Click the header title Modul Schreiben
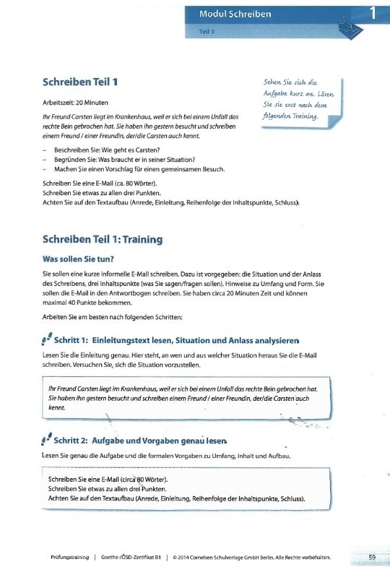point(238,14)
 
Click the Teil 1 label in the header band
point(207,32)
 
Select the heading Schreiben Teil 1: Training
point(103,238)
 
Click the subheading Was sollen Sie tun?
point(82,258)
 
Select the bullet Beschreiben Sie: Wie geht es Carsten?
point(110,150)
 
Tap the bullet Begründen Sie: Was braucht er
point(119,160)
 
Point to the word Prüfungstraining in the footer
point(69,558)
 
